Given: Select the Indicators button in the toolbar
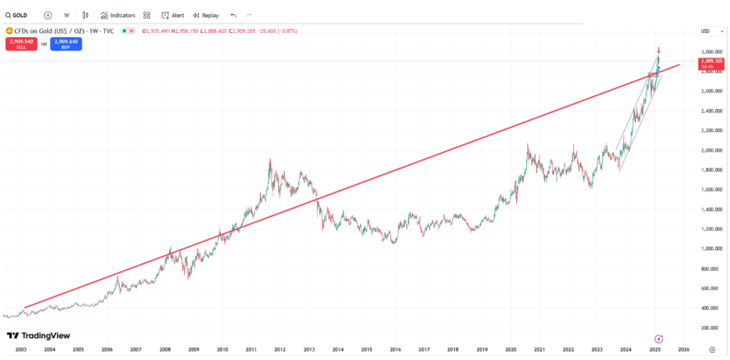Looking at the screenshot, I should click(x=118, y=15).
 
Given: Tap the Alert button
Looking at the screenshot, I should click(x=173, y=15).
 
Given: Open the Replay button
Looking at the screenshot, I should click(x=206, y=15).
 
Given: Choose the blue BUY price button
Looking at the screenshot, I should click(x=66, y=43).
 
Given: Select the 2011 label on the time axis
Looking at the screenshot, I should click(x=251, y=350).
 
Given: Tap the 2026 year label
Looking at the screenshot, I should click(x=683, y=350).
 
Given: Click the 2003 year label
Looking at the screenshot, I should click(x=21, y=350).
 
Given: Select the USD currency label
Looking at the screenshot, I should click(x=706, y=31).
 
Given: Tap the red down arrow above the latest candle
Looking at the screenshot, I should click(x=659, y=51).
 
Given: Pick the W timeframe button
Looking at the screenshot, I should click(x=66, y=15).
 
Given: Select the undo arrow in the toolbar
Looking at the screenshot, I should click(x=234, y=15).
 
